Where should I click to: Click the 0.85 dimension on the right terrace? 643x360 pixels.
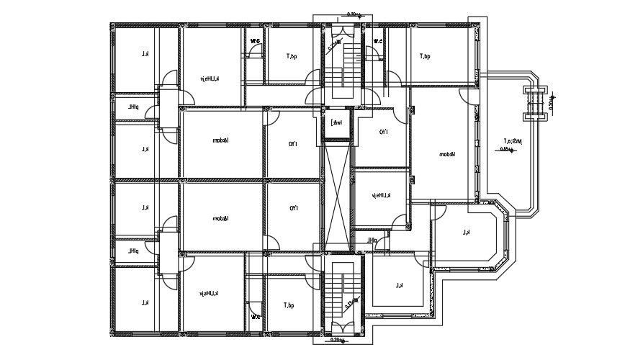(x=506, y=150)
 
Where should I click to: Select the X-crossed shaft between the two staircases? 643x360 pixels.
(x=336, y=196)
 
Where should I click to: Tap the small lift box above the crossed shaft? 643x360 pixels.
(x=336, y=122)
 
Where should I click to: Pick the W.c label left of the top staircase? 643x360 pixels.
(x=255, y=42)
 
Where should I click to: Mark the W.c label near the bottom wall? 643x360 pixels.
(x=255, y=315)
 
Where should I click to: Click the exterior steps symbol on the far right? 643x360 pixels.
(x=534, y=100)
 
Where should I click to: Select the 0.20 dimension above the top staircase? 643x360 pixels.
(x=353, y=14)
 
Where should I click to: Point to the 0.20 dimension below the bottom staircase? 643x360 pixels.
(x=336, y=339)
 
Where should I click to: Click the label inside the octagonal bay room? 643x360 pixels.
(x=467, y=232)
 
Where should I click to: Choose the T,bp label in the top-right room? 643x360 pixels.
(x=425, y=56)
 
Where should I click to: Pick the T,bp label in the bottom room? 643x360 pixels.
(x=289, y=306)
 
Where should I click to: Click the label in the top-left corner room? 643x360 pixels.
(x=145, y=54)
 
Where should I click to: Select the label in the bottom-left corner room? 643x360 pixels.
(x=145, y=302)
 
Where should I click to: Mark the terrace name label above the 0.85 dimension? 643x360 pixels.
(x=513, y=140)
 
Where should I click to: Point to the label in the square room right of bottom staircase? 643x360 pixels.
(x=399, y=286)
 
